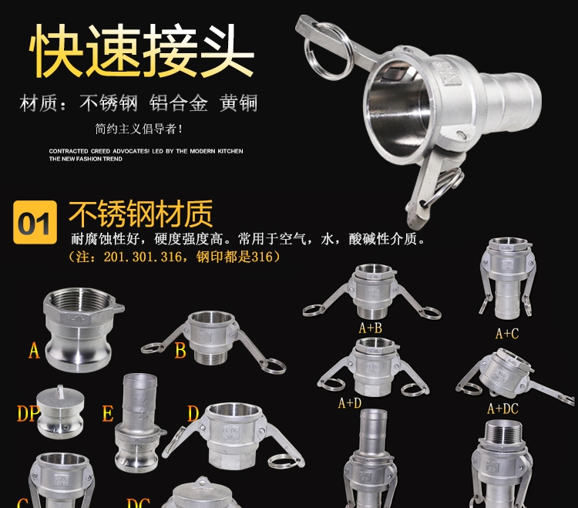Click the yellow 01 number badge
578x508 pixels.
(35, 222)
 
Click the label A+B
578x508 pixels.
(371, 328)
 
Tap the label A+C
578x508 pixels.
(507, 334)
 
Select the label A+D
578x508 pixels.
(350, 403)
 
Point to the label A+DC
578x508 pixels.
(502, 409)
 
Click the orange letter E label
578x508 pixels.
(108, 413)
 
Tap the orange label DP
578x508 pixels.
(27, 413)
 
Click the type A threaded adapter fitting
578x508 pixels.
(83, 329)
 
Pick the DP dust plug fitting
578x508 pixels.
(60, 412)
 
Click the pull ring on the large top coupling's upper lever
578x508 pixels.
(328, 51)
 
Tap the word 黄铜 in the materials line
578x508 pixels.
(238, 103)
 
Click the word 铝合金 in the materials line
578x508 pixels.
(179, 103)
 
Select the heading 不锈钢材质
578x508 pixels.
(141, 214)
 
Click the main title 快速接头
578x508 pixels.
(142, 51)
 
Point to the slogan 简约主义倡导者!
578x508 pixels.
(139, 129)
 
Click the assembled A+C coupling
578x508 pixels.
(508, 279)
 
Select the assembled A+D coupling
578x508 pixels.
(372, 368)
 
